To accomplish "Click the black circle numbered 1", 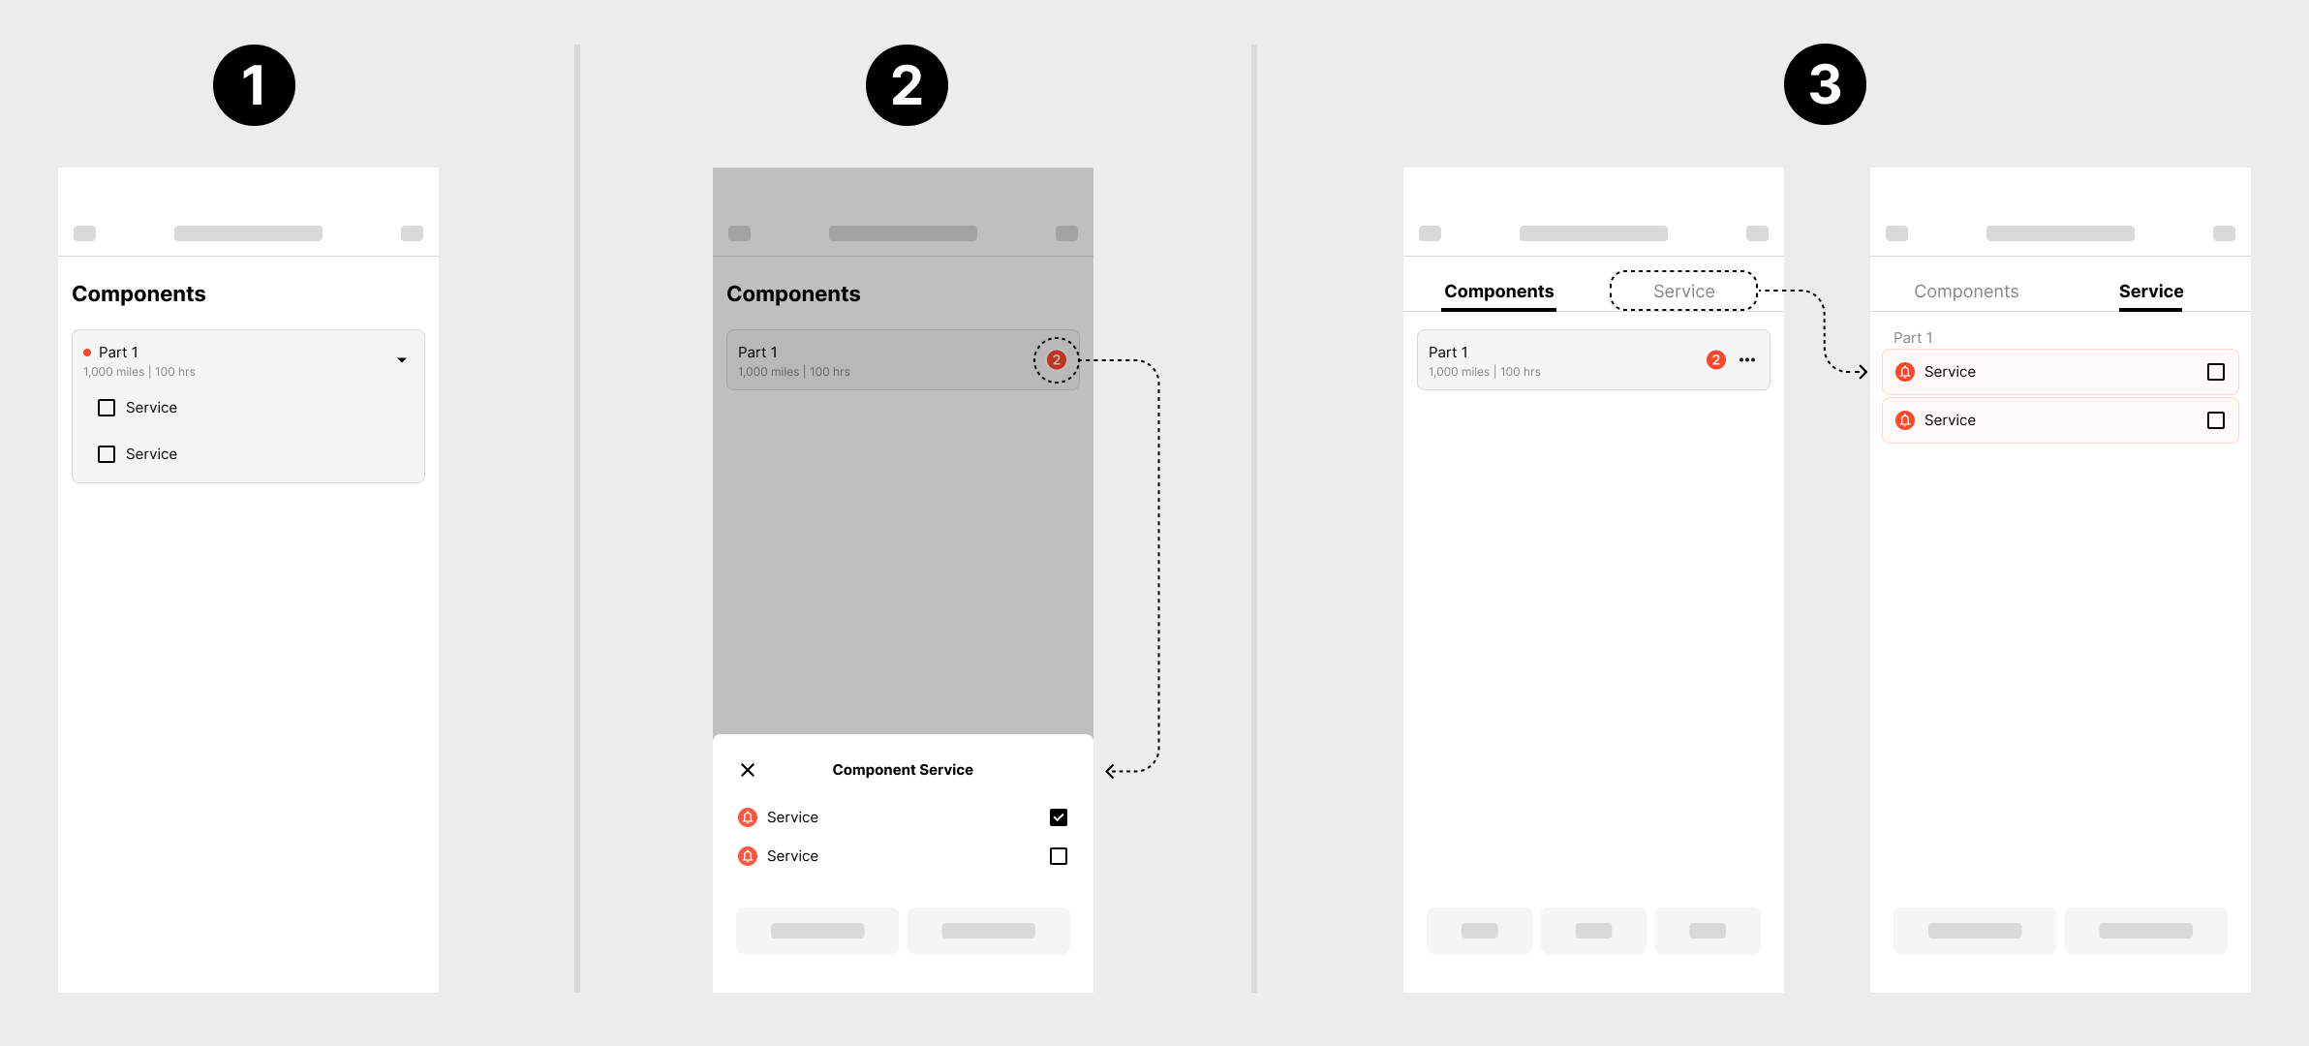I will click(x=254, y=85).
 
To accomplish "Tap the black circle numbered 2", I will click(x=907, y=85).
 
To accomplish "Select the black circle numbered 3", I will click(x=1825, y=84).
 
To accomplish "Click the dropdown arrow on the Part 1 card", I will click(x=402, y=360).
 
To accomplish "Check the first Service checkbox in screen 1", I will click(x=107, y=408).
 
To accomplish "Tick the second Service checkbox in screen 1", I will click(x=107, y=454).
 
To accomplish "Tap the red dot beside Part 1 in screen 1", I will click(x=87, y=353).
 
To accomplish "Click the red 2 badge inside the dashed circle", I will click(x=1057, y=360).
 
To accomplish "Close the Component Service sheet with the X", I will click(x=748, y=770).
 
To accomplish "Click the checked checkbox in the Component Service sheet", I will click(x=1059, y=817).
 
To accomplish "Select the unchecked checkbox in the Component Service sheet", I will click(x=1059, y=856).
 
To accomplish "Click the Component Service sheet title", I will click(x=903, y=770).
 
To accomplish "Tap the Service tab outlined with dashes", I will click(x=1683, y=292).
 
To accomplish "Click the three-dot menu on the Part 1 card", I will click(x=1747, y=360).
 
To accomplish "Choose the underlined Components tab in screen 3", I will click(x=1498, y=292).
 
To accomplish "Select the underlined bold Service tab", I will click(x=2151, y=292).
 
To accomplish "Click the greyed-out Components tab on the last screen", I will click(x=1966, y=292).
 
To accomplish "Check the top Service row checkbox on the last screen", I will click(x=2216, y=372).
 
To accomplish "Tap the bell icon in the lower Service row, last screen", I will click(x=1905, y=420).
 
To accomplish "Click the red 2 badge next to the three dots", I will click(x=1716, y=360).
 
